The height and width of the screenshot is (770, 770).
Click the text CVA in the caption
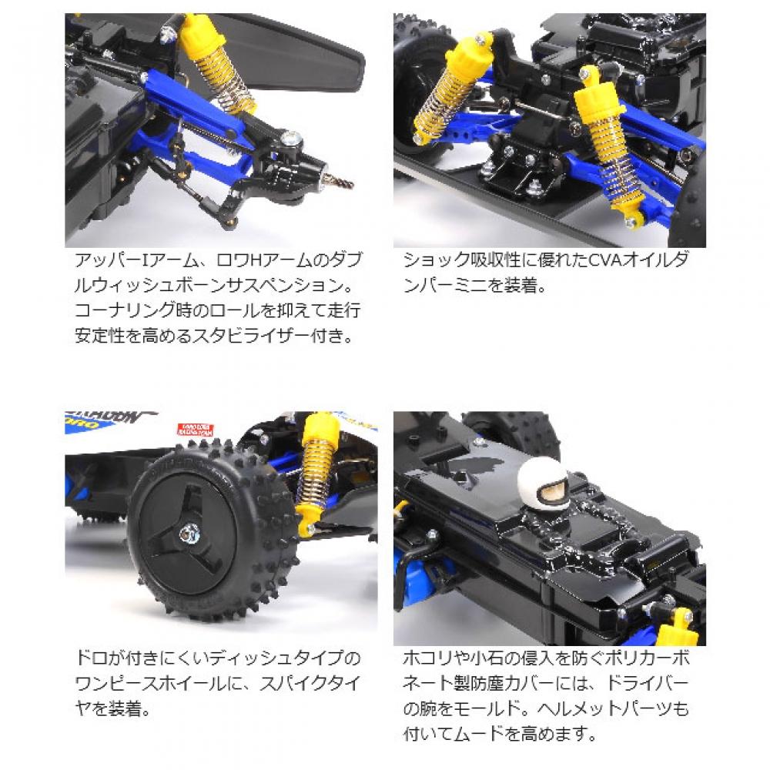click(602, 259)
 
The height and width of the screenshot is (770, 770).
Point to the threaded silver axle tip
click(339, 182)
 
